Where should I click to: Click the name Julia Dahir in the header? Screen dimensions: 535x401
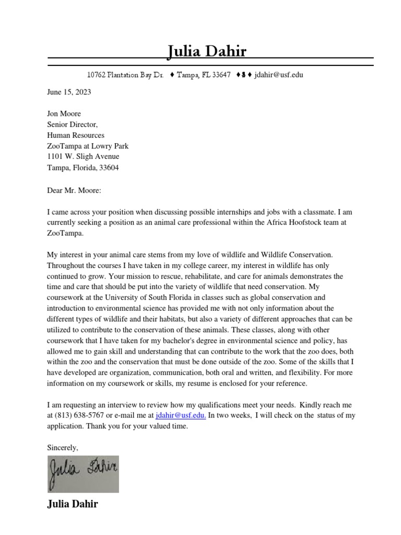[207, 51]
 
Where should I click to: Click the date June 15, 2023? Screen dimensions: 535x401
[69, 92]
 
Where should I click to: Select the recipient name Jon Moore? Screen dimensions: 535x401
[64, 113]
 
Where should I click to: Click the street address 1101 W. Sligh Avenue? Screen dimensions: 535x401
[83, 157]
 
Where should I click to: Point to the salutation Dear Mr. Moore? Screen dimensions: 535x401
[74, 190]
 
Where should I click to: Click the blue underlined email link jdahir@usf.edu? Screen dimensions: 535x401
[181, 415]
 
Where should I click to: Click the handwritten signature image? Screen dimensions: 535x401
[83, 473]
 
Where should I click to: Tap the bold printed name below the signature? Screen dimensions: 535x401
[72, 504]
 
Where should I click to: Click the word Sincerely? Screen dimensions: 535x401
[63, 448]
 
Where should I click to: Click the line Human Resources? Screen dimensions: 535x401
[76, 135]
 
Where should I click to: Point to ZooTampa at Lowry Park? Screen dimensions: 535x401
[88, 146]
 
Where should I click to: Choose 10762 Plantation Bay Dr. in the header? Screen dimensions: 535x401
[125, 75]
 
